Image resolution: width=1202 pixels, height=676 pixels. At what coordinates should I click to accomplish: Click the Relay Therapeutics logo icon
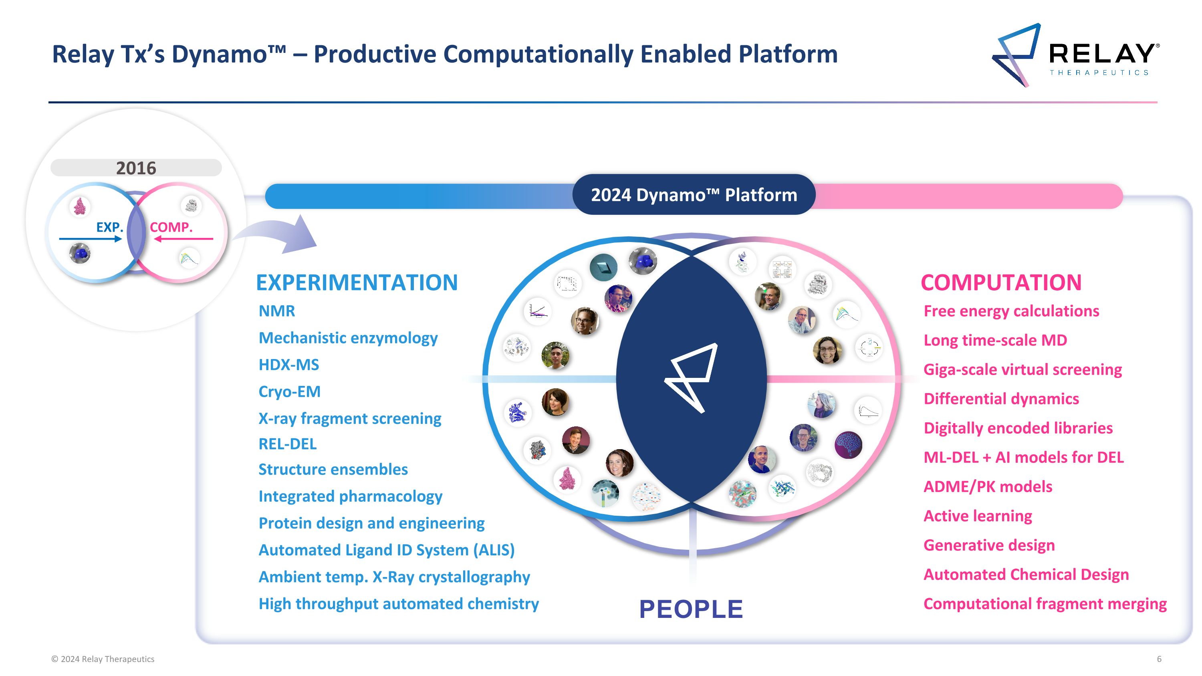[1016, 54]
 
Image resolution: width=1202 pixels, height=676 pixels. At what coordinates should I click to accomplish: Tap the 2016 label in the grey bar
[136, 168]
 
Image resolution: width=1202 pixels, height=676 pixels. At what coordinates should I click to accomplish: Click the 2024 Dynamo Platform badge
[694, 194]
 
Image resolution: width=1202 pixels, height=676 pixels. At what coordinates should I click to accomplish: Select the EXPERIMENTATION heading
[357, 283]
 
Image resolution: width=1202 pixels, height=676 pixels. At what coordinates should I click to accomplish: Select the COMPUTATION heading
[1001, 283]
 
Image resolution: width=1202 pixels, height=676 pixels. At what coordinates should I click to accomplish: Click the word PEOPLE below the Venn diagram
[691, 609]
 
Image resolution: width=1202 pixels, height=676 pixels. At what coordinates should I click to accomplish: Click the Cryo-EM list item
[289, 391]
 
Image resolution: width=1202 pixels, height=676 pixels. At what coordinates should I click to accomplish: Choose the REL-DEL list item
[287, 444]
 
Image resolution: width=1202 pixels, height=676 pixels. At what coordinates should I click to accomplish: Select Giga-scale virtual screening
[1023, 369]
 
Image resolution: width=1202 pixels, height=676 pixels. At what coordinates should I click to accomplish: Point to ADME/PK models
[988, 486]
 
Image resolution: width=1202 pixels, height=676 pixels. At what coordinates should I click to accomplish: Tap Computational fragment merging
[1045, 604]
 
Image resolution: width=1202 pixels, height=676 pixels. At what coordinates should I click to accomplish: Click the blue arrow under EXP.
[91, 239]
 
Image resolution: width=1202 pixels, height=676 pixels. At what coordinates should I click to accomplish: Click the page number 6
[1159, 659]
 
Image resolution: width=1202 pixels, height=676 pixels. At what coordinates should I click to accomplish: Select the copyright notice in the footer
[103, 659]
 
